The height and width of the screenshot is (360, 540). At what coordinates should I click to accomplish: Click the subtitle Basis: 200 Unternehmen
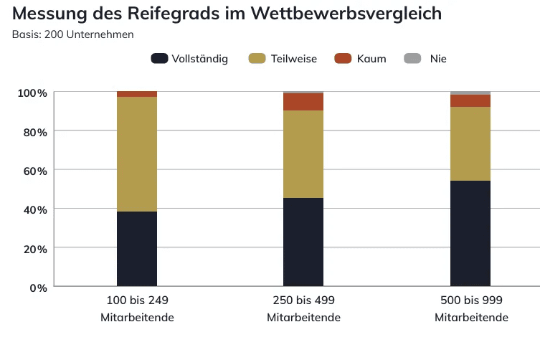point(72,34)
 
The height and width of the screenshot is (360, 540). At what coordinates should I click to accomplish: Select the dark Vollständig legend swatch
point(159,59)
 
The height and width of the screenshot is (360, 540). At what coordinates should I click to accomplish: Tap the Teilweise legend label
point(294,59)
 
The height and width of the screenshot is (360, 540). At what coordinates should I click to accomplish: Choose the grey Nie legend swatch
point(412,59)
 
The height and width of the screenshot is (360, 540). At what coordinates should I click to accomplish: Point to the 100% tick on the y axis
point(32,93)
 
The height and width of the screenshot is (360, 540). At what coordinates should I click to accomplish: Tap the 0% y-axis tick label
point(38,287)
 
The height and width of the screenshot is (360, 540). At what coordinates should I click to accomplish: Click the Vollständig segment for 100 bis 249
point(137,249)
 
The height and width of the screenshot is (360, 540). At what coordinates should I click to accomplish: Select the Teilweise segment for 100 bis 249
point(137,154)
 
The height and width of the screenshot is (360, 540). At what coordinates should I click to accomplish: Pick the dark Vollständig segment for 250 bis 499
point(303,242)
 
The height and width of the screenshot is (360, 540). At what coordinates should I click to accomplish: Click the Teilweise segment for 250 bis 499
point(303,154)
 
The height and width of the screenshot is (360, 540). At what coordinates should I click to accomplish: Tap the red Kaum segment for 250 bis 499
point(303,102)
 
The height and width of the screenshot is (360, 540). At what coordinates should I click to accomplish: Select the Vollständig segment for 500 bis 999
point(470,234)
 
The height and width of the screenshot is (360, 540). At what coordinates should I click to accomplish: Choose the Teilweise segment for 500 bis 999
point(470,143)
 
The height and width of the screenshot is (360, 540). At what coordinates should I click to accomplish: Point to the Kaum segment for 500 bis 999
point(470,100)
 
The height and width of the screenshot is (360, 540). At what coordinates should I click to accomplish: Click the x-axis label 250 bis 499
point(303,300)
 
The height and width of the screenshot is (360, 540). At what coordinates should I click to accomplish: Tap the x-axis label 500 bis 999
point(470,300)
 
